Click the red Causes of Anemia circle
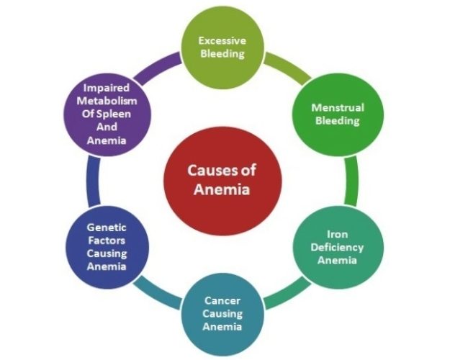click(x=222, y=181)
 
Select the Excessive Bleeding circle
click(x=223, y=48)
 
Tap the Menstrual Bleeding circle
click(x=338, y=114)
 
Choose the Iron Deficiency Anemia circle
click(x=338, y=247)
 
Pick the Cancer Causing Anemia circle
click(x=223, y=314)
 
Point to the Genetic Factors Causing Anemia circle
click(x=107, y=247)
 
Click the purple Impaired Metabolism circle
click(x=107, y=114)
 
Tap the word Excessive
click(x=222, y=40)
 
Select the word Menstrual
click(x=338, y=107)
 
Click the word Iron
click(x=338, y=234)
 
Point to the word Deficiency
click(x=337, y=248)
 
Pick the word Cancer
click(x=222, y=300)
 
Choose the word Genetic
click(x=107, y=228)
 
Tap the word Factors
click(x=107, y=240)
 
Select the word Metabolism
click(x=107, y=101)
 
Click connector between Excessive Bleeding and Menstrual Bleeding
click(x=288, y=67)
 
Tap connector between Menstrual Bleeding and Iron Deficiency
click(x=351, y=181)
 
